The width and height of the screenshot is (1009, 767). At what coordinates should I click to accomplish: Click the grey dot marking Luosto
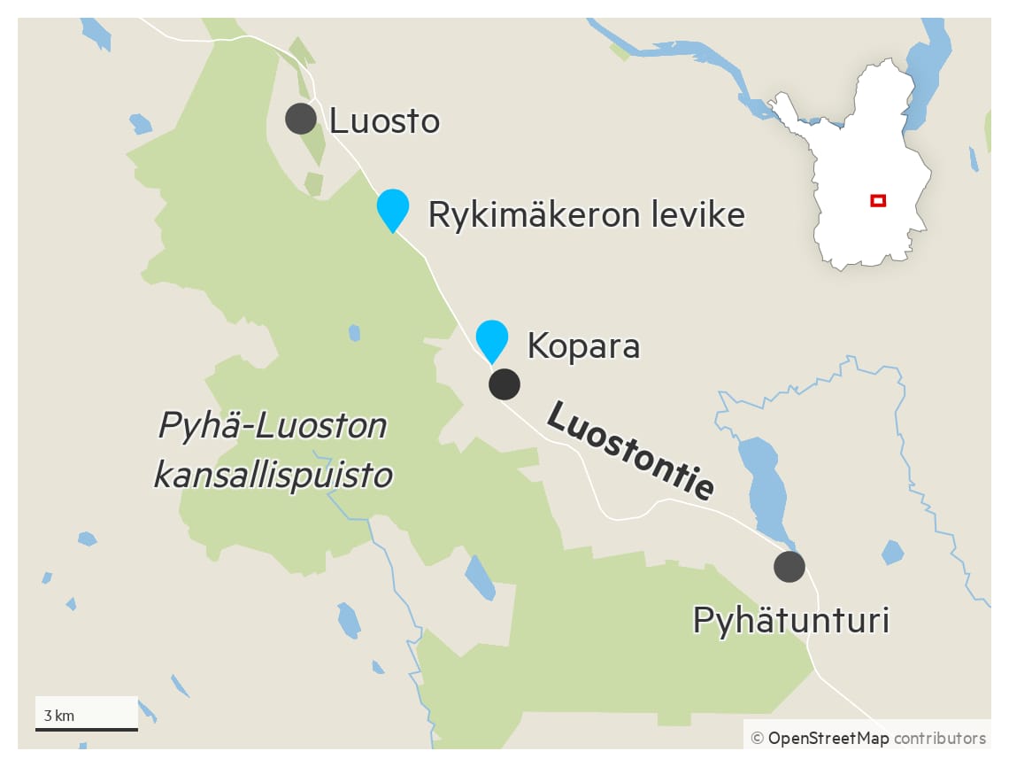[x=301, y=118]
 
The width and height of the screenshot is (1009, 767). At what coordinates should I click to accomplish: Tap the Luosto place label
[x=384, y=121]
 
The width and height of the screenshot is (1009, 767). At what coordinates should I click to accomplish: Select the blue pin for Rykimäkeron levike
[x=392, y=208]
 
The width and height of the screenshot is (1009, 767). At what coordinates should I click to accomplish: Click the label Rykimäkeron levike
[x=586, y=214]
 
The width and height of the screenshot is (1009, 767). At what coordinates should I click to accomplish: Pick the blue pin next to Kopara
[x=492, y=338]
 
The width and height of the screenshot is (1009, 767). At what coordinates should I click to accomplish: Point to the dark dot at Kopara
[x=504, y=384]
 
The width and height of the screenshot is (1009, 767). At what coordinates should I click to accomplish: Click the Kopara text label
[x=583, y=345]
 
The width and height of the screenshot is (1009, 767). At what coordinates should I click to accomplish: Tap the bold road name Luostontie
[x=630, y=450]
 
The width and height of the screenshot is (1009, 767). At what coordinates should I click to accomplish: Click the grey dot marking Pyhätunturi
[x=789, y=566]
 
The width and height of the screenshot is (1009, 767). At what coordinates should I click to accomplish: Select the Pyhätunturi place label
[x=790, y=621]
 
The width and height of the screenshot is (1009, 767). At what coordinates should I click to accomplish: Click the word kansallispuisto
[x=273, y=476]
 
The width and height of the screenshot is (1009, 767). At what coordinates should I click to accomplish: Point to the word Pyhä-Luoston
[x=273, y=426]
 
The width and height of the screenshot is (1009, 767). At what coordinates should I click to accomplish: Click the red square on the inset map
[x=878, y=201]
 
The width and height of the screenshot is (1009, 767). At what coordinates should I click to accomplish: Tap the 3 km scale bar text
[x=59, y=716]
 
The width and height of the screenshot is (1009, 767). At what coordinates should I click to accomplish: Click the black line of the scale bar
[x=87, y=730]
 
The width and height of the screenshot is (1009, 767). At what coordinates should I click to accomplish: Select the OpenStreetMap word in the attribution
[x=828, y=738]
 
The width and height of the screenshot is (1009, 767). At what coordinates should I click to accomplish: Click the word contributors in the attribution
[x=939, y=738]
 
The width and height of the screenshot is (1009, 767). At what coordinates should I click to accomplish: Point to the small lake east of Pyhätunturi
[x=892, y=553]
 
